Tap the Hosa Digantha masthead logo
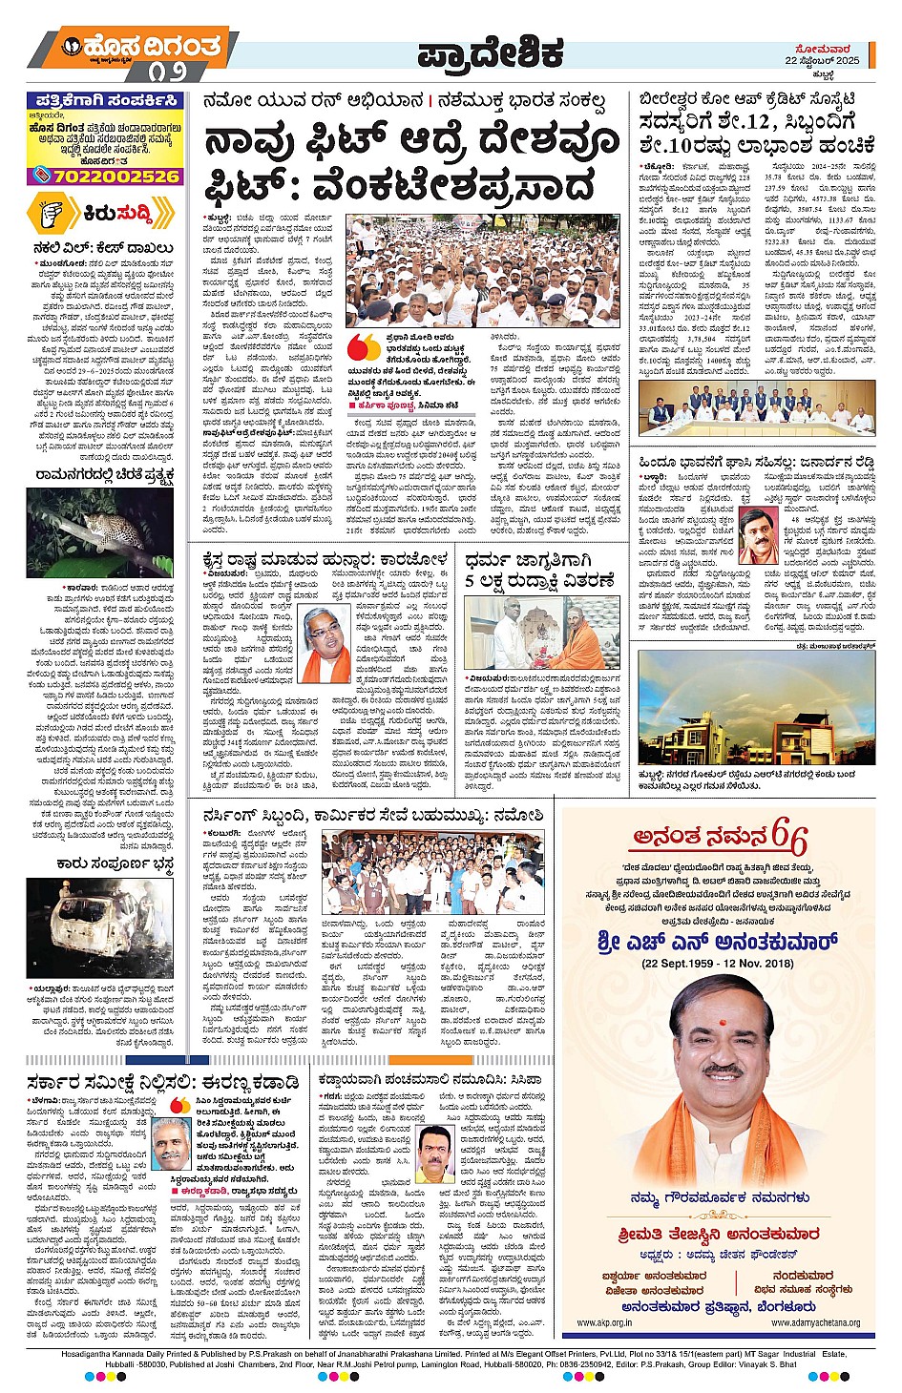(x=142, y=47)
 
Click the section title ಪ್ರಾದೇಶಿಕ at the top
(x=490, y=54)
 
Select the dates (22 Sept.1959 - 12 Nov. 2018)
(x=718, y=964)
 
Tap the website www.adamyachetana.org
(x=815, y=1322)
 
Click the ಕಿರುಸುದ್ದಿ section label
(x=117, y=216)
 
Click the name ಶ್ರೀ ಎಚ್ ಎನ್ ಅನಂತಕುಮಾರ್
(x=718, y=943)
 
